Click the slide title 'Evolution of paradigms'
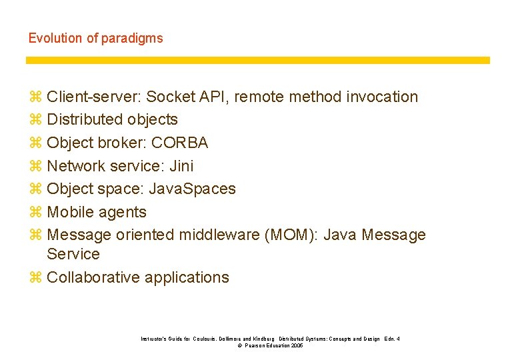pyautogui.click(x=95, y=38)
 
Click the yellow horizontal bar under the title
pyautogui.click(x=257, y=60)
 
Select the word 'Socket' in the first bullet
pyautogui.click(x=171, y=97)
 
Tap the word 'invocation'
pyautogui.click(x=382, y=97)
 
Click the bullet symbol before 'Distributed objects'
pyautogui.click(x=35, y=120)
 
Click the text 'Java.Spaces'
pyautogui.click(x=193, y=189)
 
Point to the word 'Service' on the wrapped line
pyautogui.click(x=73, y=254)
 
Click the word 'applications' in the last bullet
pyautogui.click(x=188, y=277)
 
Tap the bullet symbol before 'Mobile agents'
pyautogui.click(x=35, y=212)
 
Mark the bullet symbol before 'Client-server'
pyautogui.click(x=35, y=97)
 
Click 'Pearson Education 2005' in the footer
pyautogui.click(x=274, y=346)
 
